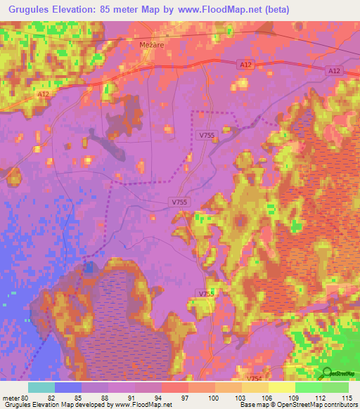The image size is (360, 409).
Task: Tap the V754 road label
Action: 255,378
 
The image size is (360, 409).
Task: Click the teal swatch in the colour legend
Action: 41,387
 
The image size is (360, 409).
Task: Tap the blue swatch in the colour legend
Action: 67,387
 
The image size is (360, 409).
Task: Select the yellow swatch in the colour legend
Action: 281,387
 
